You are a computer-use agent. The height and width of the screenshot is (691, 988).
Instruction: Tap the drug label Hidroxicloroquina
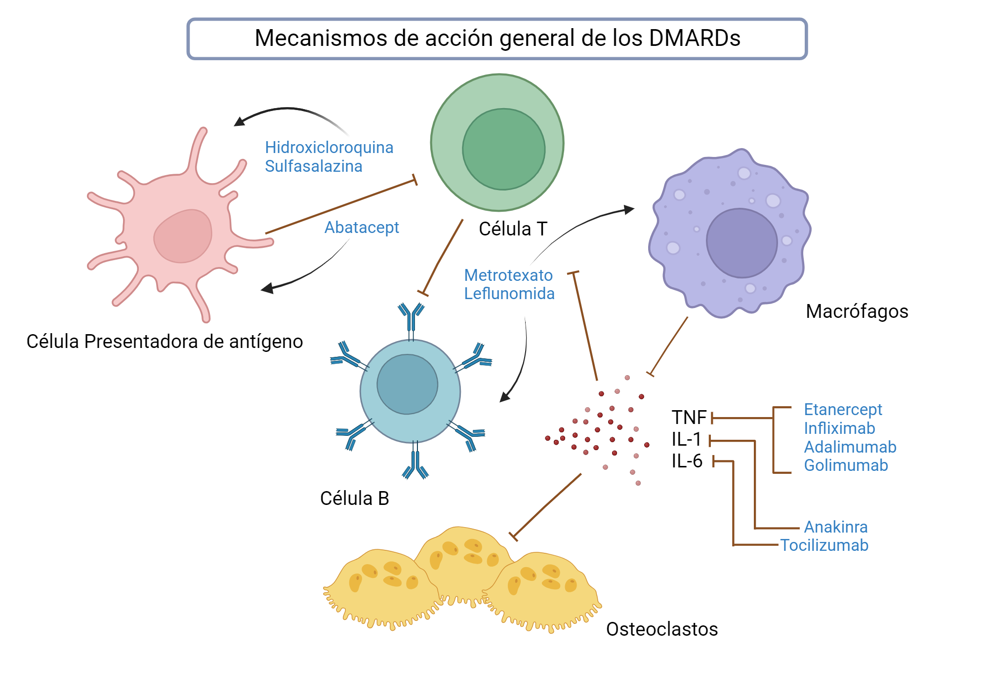point(329,147)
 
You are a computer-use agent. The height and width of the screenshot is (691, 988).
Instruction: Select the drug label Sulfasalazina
point(313,166)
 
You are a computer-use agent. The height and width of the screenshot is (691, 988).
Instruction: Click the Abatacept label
point(362,228)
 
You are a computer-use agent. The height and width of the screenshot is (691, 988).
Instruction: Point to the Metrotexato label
point(508,275)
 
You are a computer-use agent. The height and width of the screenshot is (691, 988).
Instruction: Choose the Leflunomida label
point(509,294)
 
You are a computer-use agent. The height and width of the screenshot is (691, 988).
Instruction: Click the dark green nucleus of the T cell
point(503,149)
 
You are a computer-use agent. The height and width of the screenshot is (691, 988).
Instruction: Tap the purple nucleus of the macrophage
point(741,243)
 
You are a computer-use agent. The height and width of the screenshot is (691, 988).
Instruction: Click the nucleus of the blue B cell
point(407,384)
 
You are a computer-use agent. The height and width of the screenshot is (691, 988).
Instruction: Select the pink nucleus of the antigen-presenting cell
point(183,236)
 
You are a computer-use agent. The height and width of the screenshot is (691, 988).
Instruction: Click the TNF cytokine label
point(689,418)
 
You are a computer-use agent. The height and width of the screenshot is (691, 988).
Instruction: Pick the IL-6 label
point(687,461)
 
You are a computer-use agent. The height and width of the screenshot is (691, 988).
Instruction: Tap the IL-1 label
point(686,439)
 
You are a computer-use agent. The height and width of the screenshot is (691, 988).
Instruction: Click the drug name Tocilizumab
point(824,545)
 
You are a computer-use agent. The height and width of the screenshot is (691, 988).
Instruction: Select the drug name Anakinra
point(835,527)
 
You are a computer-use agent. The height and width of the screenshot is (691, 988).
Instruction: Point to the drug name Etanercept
point(843,409)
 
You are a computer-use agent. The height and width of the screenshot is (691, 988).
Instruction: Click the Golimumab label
point(846,465)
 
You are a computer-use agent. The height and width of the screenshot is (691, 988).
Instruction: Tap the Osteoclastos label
point(661,629)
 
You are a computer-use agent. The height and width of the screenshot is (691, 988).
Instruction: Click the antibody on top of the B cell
point(411,318)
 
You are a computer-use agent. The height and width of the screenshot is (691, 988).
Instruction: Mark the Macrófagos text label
point(857,311)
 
